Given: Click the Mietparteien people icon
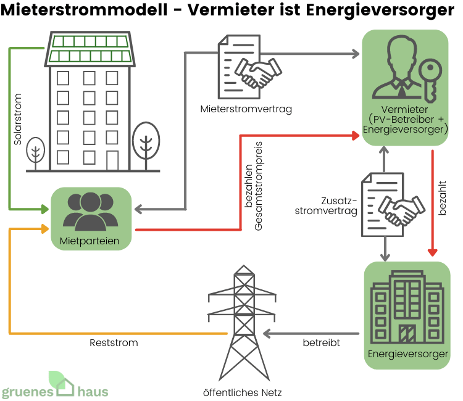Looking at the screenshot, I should (x=90, y=212).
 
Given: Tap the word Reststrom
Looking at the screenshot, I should (x=114, y=342).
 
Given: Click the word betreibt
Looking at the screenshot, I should (x=321, y=342).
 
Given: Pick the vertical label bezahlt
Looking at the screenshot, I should (x=442, y=198).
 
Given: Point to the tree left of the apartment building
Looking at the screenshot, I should (x=36, y=151).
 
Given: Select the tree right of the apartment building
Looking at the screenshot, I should (x=146, y=142).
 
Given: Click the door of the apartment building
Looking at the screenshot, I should (x=112, y=160).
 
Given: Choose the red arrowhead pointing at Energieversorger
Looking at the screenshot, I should (x=433, y=252).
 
